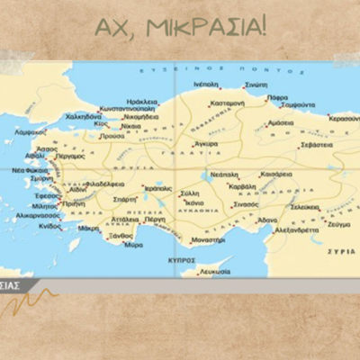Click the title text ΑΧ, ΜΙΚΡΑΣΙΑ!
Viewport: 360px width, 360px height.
click(x=179, y=27)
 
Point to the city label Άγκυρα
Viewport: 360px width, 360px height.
click(x=205, y=143)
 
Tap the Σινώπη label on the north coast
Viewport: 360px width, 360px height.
click(x=256, y=83)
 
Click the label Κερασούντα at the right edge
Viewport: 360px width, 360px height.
click(x=345, y=118)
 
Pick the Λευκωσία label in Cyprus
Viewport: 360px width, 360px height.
click(x=215, y=270)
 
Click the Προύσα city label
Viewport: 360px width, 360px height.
click(x=112, y=137)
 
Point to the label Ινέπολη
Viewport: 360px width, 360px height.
click(x=206, y=83)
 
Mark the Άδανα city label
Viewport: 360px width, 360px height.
click(x=266, y=220)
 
